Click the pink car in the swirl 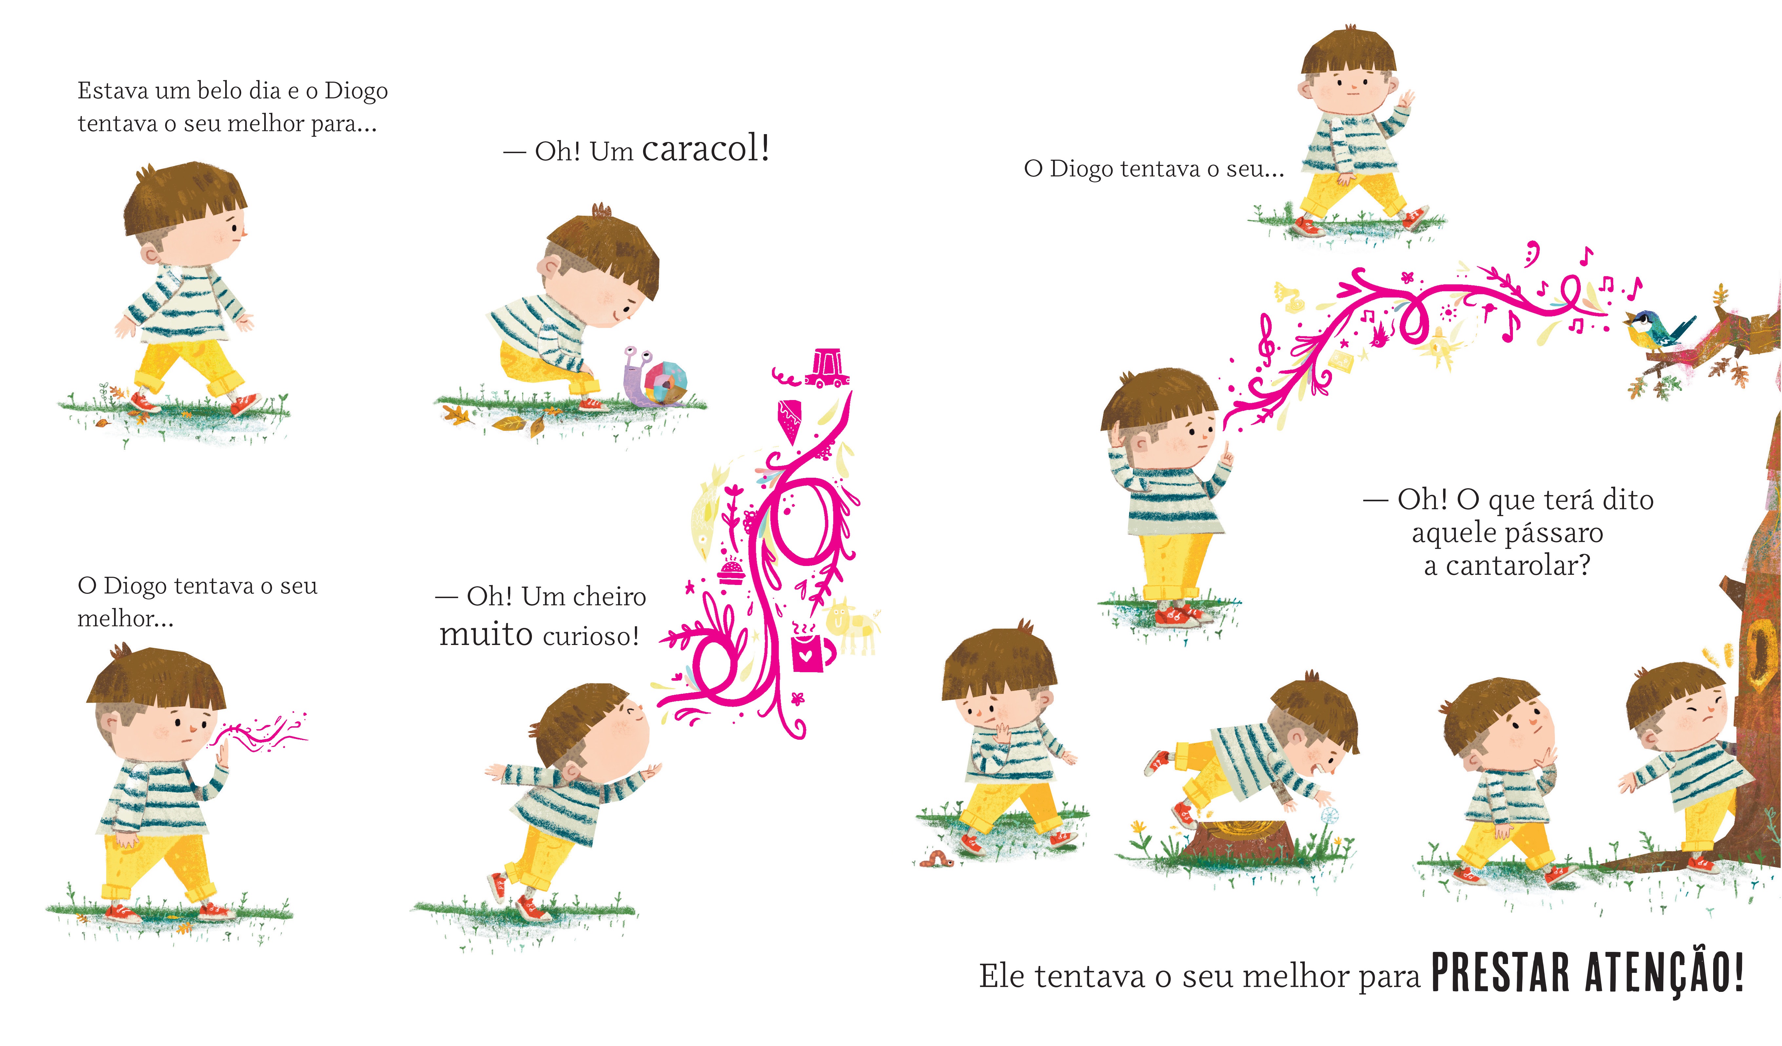[827, 368]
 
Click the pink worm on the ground [935, 859]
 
